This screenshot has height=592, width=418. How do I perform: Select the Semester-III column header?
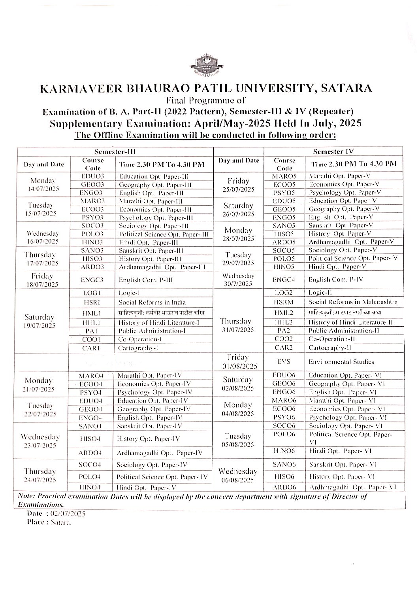tap(115, 151)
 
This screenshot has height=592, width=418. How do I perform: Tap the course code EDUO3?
tap(92, 176)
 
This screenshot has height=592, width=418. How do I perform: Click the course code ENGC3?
tap(92, 280)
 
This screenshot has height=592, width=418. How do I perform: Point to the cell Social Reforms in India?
tap(152, 303)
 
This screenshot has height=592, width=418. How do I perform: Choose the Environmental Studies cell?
tap(341, 362)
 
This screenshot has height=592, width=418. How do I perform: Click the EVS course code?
tap(284, 362)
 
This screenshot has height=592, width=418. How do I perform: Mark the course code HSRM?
tap(284, 302)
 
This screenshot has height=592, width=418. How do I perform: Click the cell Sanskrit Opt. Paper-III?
tap(151, 250)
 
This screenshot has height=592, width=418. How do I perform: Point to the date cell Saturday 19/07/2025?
tap(40, 321)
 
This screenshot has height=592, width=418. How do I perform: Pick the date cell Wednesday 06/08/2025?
tap(238, 475)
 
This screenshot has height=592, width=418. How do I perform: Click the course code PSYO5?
tap(284, 193)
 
